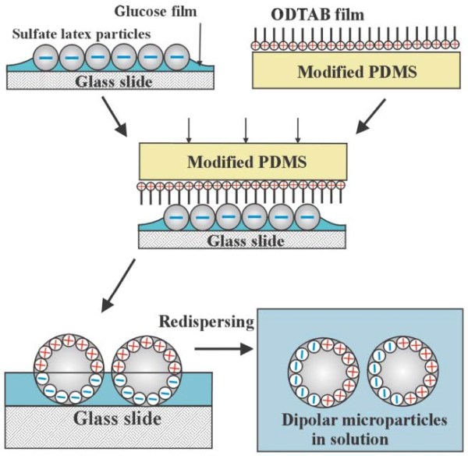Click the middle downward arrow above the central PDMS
(246, 129)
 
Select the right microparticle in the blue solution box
(394, 373)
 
